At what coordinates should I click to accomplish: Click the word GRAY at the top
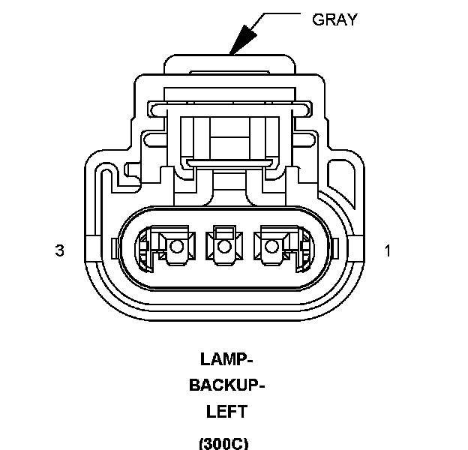pos(334,19)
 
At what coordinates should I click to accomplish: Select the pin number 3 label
pos(60,250)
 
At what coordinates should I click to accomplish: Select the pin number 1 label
pos(388,250)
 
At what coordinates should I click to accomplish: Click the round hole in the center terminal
pos(223,247)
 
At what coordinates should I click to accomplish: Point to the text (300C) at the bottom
pos(223,442)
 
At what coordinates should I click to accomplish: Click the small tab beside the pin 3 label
pos(112,247)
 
